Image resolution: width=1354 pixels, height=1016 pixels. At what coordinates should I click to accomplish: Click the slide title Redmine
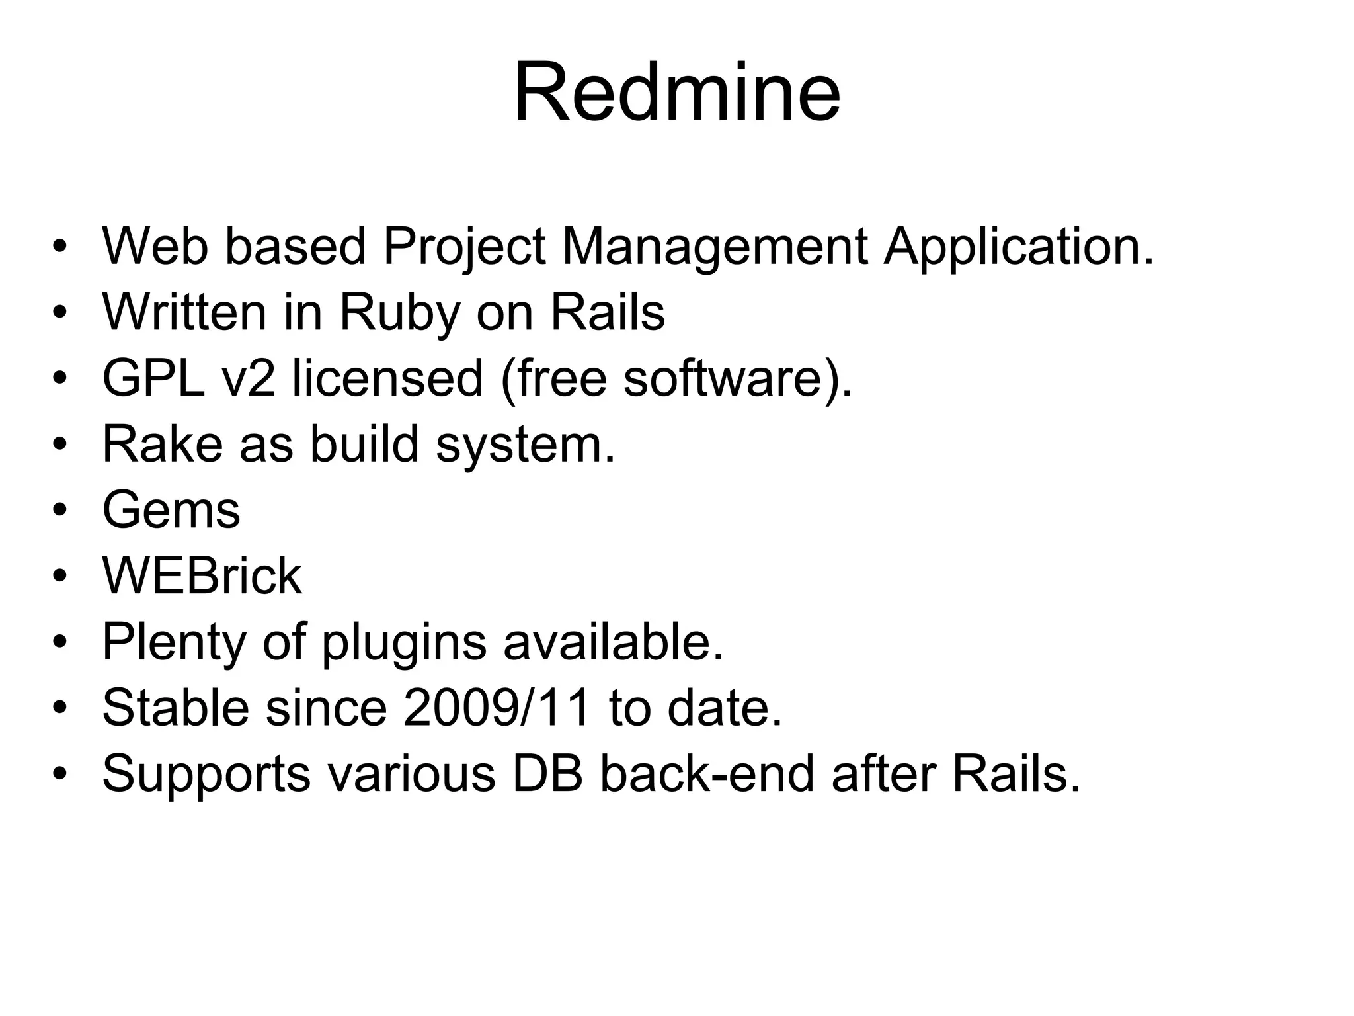(x=676, y=93)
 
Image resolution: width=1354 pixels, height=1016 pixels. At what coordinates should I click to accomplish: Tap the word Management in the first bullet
(x=714, y=247)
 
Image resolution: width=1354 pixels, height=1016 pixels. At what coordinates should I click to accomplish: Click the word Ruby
(x=399, y=313)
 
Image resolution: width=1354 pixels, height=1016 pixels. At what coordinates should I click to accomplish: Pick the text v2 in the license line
(x=248, y=378)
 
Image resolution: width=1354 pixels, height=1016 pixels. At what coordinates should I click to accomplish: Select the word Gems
(x=171, y=511)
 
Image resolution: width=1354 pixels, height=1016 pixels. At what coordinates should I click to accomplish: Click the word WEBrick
(x=202, y=576)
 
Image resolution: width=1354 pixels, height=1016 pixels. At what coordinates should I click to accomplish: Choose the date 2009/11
(x=496, y=708)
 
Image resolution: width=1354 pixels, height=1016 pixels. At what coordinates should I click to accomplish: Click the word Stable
(x=176, y=708)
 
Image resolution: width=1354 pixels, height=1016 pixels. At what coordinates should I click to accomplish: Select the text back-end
(x=707, y=774)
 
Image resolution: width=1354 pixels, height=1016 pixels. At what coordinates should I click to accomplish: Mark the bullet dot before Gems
(x=60, y=511)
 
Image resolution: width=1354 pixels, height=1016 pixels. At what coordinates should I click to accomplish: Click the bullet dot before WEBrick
(x=60, y=576)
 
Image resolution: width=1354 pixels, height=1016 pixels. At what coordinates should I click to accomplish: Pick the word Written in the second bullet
(x=184, y=313)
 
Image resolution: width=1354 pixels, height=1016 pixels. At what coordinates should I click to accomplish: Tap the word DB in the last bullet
(x=547, y=774)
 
